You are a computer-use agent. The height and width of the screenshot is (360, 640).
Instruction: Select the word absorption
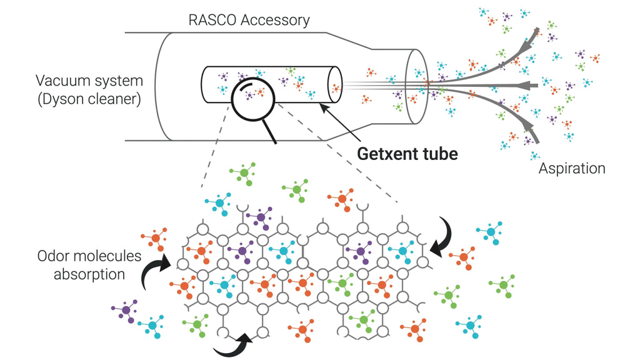point(89,274)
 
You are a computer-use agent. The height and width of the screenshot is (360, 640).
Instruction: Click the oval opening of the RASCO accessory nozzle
point(416,87)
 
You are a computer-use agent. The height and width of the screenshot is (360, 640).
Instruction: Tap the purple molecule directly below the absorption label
point(126,311)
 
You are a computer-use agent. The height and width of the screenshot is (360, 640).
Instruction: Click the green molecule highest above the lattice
point(244,174)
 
